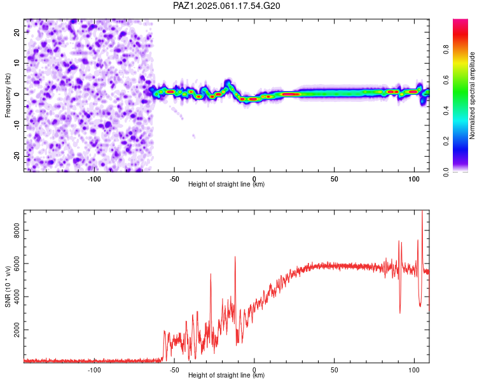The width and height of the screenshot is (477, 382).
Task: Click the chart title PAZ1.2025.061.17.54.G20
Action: point(226,6)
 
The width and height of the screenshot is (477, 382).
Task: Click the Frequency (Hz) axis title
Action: point(8,95)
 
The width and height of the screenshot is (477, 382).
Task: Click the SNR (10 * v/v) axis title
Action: point(8,286)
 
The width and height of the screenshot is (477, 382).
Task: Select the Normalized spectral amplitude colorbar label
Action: point(472,95)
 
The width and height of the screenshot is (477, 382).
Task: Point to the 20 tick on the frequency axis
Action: point(17,32)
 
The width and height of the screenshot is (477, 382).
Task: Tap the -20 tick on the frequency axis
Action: point(17,156)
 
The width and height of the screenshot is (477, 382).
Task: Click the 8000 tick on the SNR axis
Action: point(17,230)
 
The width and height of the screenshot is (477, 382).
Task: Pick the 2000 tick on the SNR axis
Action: point(17,330)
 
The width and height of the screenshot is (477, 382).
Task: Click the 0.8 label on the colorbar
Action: point(446,49)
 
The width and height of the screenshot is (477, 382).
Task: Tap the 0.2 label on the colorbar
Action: point(446,141)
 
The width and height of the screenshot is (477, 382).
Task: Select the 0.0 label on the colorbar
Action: point(446,172)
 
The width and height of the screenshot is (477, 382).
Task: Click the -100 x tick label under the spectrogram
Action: point(94,179)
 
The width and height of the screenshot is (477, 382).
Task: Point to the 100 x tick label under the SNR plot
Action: point(414,370)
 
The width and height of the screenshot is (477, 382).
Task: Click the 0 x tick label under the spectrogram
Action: point(254,179)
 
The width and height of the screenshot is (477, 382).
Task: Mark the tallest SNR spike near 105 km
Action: point(422,211)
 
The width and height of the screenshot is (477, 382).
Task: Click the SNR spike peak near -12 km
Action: point(235,257)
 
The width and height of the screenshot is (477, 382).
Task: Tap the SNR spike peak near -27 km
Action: point(211,274)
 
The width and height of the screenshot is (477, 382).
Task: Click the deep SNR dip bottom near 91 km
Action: point(400,313)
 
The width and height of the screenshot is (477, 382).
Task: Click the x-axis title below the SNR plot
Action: point(226,375)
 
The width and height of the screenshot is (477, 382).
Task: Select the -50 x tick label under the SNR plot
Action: point(174,370)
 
